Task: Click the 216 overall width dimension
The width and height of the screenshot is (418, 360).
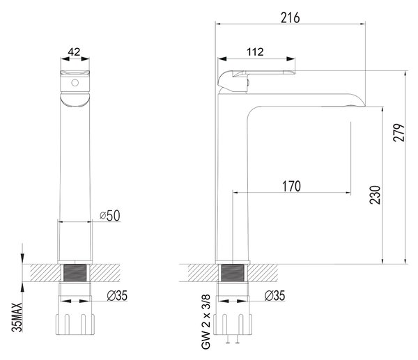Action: (x=290, y=18)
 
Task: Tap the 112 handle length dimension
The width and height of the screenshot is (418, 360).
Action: (x=255, y=52)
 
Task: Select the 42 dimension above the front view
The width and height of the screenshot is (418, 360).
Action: (x=74, y=52)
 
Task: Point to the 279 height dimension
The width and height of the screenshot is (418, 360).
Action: (x=398, y=132)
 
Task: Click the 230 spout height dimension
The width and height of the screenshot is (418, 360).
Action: (x=375, y=195)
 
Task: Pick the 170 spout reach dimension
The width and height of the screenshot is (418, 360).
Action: (x=292, y=186)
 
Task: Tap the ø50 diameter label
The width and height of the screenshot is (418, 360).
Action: (x=110, y=216)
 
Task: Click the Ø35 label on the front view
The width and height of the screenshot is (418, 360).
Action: (x=117, y=295)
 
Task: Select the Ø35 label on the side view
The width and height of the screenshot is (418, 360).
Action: (x=274, y=295)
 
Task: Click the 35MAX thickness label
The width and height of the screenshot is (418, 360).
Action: (x=17, y=317)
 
